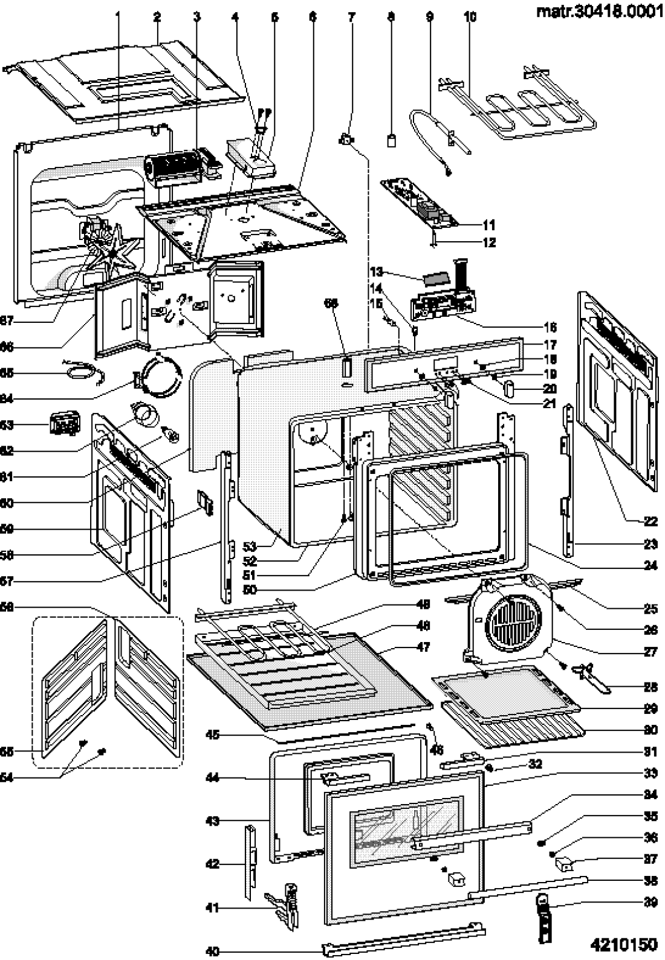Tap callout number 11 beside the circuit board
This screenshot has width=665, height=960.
click(488, 225)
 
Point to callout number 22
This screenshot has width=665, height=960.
click(650, 521)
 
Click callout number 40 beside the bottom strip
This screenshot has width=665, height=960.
click(212, 951)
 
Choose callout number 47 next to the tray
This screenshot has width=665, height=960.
click(423, 647)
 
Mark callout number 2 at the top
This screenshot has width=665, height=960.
click(157, 17)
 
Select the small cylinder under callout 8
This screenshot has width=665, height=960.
click(391, 141)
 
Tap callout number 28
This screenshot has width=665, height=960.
click(650, 687)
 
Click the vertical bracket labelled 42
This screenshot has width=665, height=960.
click(250, 863)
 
